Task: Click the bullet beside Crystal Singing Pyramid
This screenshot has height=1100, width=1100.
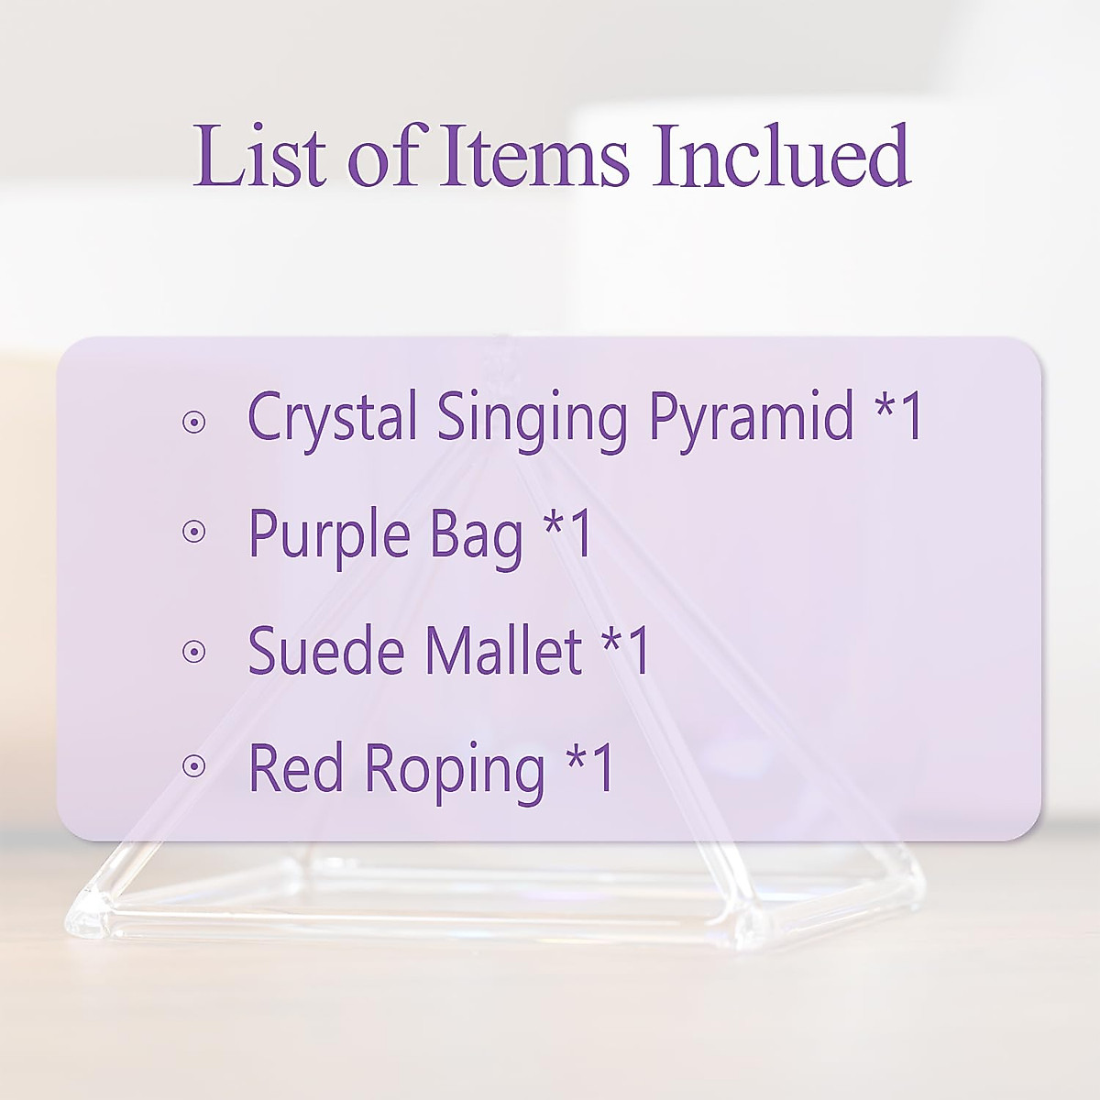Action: (193, 423)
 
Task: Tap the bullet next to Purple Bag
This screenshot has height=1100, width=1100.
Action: (193, 532)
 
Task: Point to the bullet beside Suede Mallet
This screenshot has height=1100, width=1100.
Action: (193, 652)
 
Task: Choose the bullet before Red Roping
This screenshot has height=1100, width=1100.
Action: (193, 766)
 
